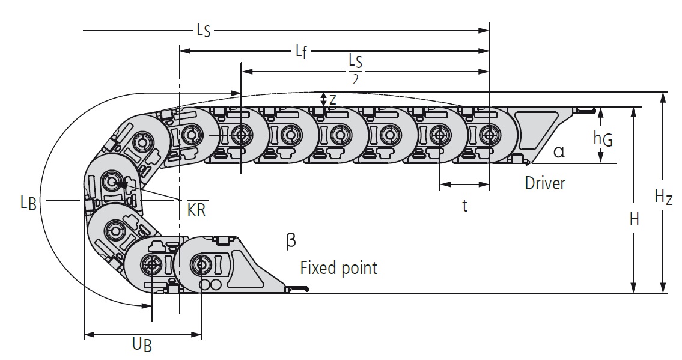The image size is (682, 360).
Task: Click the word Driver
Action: pos(545,183)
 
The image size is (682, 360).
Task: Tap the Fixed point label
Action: pos(339,267)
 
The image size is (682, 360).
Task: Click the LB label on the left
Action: pos(28,203)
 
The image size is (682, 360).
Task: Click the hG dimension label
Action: pos(603,139)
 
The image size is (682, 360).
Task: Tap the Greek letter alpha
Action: pos(559,151)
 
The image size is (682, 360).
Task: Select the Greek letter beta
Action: pos(291,241)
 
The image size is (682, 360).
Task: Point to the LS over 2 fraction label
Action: pos(355,69)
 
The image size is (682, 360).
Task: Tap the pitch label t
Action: pos(464,206)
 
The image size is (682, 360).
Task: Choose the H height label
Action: pos(634,219)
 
